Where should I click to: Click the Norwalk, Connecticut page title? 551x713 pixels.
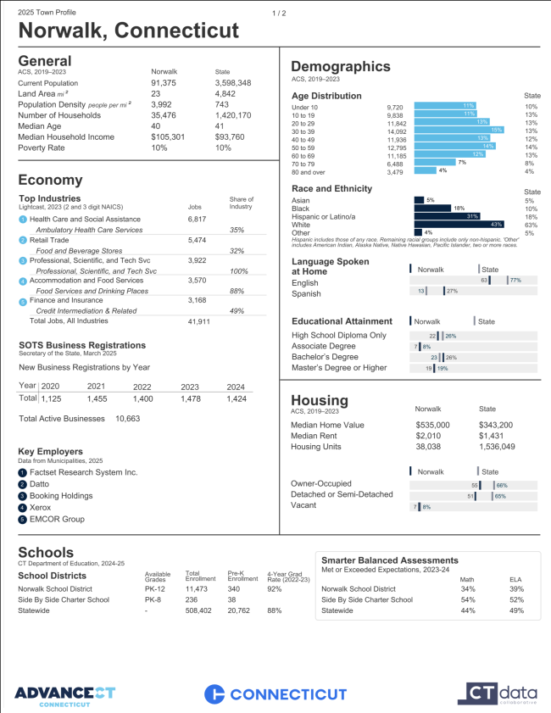(129, 31)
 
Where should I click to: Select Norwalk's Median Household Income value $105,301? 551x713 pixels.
(169, 136)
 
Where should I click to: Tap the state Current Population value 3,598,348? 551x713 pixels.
(233, 83)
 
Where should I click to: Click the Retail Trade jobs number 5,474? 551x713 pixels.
(197, 241)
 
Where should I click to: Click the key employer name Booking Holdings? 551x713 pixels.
(61, 495)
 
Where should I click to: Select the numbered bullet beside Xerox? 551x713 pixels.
(22, 507)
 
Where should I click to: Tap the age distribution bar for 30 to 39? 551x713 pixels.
(459, 131)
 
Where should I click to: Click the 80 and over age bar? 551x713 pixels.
(424, 171)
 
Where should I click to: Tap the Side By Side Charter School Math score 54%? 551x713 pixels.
(467, 599)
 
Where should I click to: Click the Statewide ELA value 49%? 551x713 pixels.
(516, 610)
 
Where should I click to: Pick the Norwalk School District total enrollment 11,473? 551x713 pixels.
(197, 588)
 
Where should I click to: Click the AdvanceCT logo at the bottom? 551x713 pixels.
(64, 694)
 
